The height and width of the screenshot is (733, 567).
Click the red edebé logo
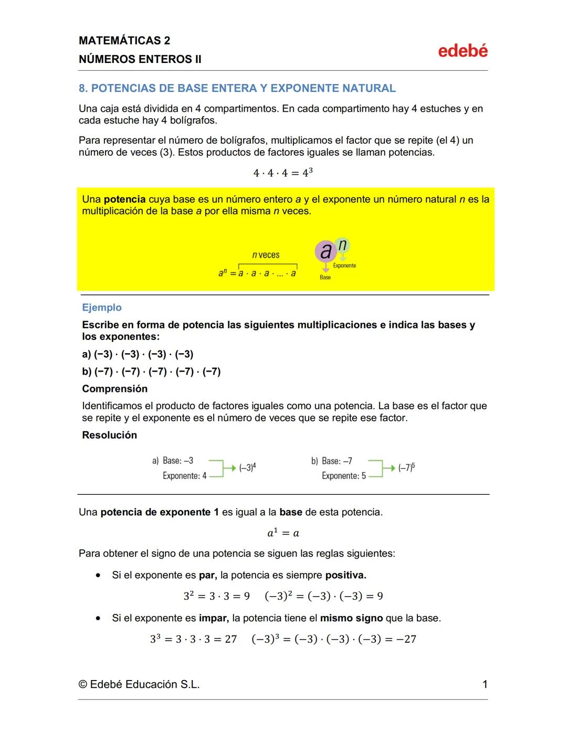(463, 51)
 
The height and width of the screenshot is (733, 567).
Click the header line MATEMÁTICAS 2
(124, 40)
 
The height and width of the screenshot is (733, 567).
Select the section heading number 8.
(83, 88)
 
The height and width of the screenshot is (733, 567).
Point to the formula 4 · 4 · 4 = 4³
(283, 173)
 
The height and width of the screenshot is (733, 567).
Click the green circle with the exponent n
(342, 245)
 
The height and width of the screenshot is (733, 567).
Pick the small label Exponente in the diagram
(344, 265)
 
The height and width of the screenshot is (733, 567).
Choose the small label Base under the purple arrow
(325, 277)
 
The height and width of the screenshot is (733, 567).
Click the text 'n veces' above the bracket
(266, 255)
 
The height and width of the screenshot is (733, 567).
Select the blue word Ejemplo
(102, 307)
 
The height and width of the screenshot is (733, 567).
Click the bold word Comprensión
(114, 389)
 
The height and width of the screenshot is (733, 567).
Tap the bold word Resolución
(109, 435)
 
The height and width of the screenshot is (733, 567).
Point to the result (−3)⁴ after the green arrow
(247, 468)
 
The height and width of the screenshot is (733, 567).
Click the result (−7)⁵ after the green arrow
(406, 468)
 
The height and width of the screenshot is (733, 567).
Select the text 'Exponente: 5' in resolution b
(343, 476)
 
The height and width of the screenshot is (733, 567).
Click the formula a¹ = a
(283, 533)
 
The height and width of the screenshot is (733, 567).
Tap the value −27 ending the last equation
(404, 639)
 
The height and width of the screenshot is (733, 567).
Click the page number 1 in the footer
(485, 684)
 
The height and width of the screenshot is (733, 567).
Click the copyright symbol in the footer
(83, 685)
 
